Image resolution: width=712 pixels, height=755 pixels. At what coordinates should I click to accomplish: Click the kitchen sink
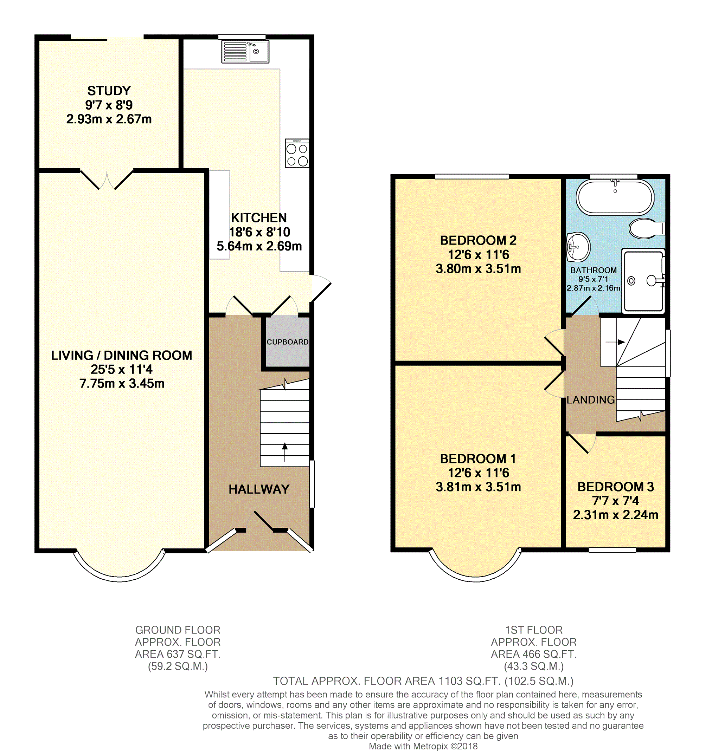(245, 51)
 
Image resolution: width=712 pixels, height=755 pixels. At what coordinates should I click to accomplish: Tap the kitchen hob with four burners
(297, 154)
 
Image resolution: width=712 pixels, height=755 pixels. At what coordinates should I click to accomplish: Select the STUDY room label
(109, 91)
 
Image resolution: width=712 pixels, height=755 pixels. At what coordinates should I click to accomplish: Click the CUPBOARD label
(287, 342)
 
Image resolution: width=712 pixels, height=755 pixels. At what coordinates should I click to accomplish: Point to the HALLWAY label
(259, 489)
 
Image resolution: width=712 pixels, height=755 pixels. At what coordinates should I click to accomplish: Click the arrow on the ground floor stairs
(285, 452)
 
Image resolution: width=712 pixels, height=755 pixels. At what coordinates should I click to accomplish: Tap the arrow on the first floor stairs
(615, 342)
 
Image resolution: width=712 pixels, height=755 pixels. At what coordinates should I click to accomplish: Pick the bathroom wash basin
(578, 247)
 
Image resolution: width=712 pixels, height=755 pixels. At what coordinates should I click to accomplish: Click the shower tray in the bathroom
(643, 281)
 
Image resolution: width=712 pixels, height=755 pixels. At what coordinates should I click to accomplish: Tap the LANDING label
(591, 400)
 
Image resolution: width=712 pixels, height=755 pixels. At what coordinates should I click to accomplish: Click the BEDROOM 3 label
(616, 487)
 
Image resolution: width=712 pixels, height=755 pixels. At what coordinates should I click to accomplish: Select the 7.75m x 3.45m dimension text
(122, 384)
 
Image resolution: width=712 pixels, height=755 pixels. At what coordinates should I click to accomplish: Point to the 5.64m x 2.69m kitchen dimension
(259, 246)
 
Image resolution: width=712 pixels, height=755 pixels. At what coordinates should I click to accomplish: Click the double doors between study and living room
(107, 180)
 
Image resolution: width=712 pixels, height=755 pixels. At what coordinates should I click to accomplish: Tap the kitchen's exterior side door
(321, 289)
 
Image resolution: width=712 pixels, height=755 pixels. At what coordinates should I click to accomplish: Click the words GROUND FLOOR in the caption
(178, 630)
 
